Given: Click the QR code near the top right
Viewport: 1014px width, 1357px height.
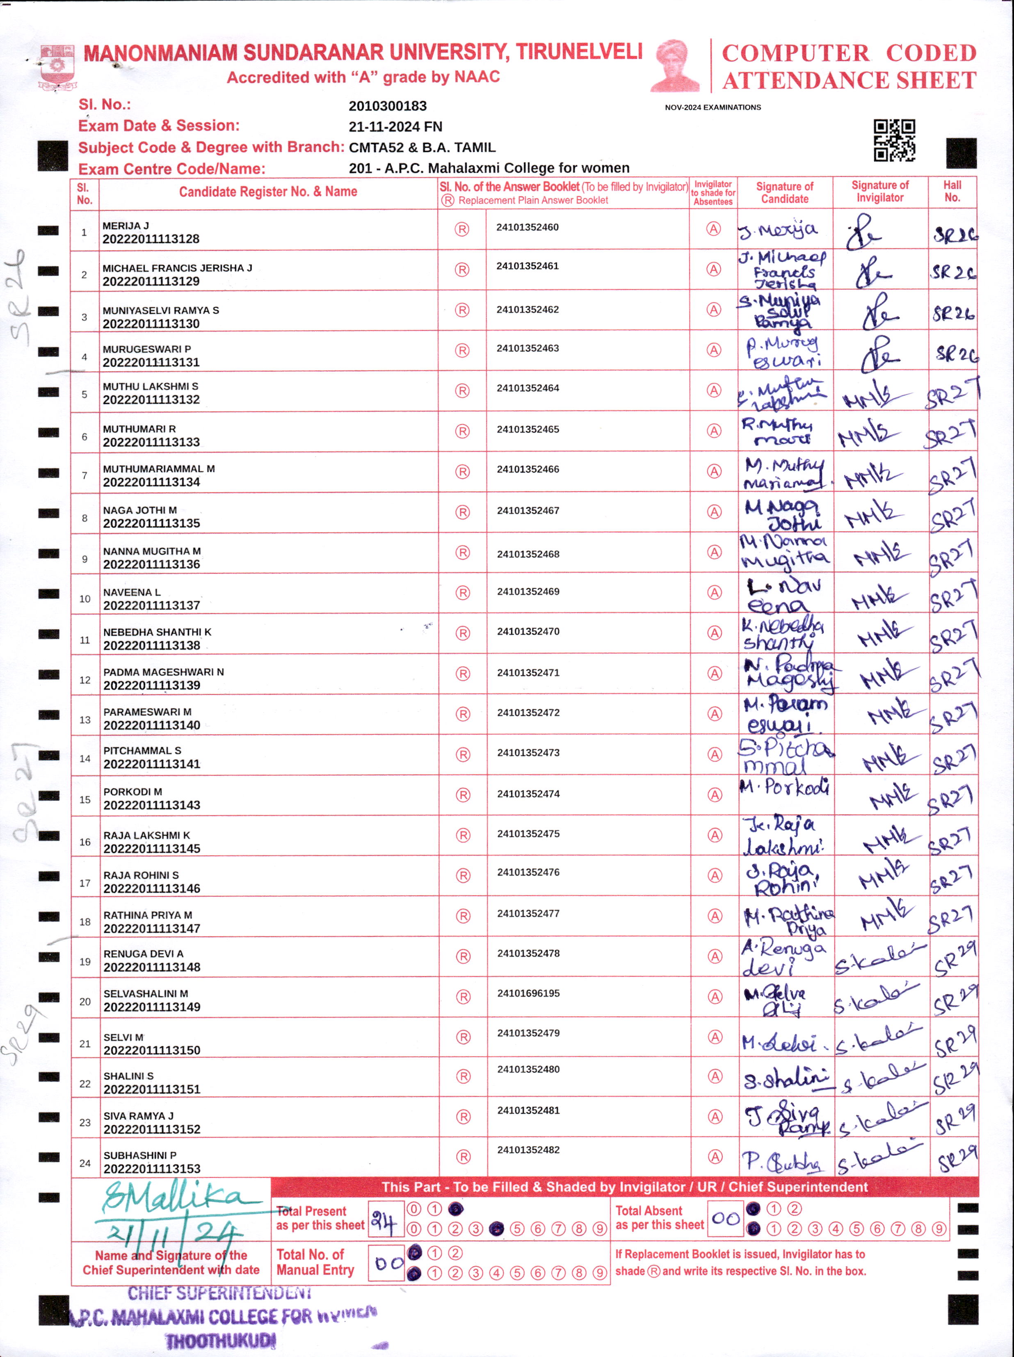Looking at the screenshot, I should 894,140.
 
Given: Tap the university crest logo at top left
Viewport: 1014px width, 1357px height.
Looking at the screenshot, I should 57,68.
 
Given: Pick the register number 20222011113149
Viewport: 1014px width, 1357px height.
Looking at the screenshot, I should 151,1007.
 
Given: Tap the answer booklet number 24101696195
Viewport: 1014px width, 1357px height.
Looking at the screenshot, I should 528,993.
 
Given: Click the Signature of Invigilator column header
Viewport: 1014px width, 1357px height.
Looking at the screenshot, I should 879,192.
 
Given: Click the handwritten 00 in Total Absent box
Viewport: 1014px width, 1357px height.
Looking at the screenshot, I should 725,1218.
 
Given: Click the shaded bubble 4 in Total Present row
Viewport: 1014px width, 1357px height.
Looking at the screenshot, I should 496,1229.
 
